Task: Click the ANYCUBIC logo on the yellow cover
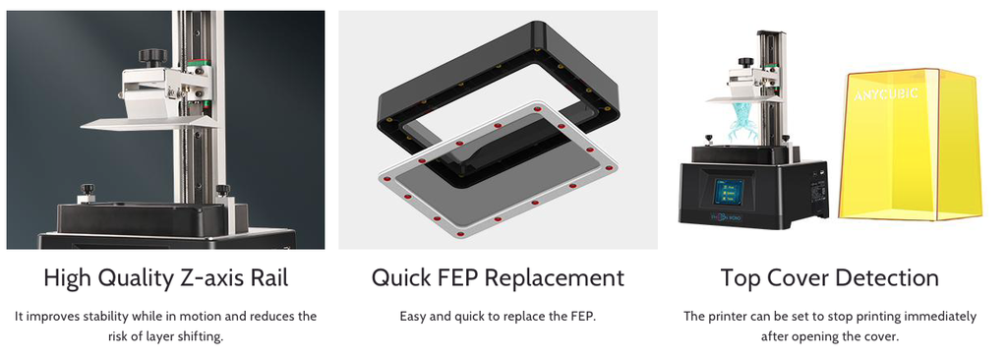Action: [x=886, y=95]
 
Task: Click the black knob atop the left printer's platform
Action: [x=152, y=58]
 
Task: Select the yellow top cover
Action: [x=912, y=144]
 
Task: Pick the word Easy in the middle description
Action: [x=412, y=317]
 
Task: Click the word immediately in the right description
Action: [x=941, y=317]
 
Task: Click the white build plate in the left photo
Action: [x=148, y=123]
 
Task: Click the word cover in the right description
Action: [x=879, y=336]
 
